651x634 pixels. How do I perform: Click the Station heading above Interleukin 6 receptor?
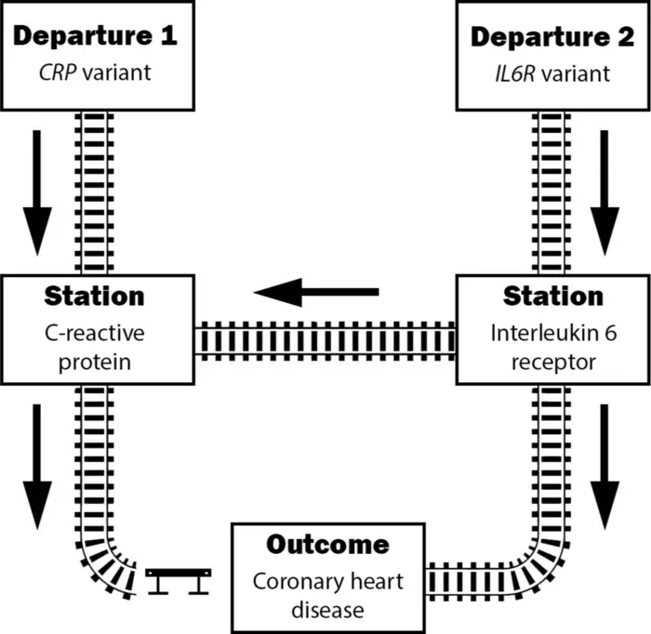click(552, 297)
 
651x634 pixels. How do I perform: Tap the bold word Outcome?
click(327, 545)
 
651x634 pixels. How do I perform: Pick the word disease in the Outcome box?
click(327, 611)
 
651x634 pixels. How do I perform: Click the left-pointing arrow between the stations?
click(316, 293)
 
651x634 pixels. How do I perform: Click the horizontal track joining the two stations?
click(325, 339)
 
